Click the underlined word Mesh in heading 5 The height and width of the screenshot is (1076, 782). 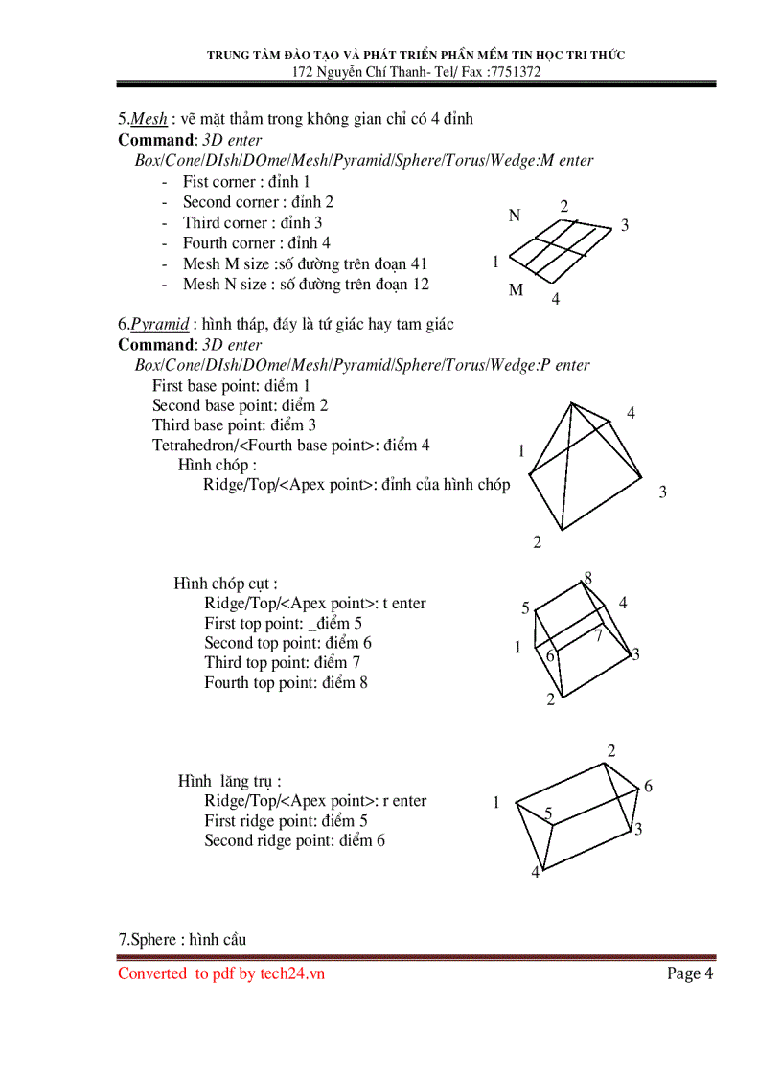(149, 119)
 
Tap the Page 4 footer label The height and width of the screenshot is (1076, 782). (690, 973)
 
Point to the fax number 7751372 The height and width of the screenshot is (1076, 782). (514, 72)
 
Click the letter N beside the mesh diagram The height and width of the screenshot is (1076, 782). (515, 217)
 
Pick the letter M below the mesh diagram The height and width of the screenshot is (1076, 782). (516, 290)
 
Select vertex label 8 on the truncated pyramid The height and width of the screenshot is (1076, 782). (587, 578)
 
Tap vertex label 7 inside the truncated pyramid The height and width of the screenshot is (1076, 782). (598, 635)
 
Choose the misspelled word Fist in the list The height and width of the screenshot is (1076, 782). (195, 181)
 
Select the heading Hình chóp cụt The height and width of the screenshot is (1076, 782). (225, 584)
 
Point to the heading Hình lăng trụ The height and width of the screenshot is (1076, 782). (230, 781)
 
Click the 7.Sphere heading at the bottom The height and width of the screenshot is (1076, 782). (182, 939)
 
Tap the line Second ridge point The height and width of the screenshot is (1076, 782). (294, 840)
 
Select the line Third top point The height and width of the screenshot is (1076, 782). (282, 662)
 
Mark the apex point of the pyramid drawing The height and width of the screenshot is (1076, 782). (572, 402)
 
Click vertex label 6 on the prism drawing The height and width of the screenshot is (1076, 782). (648, 787)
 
